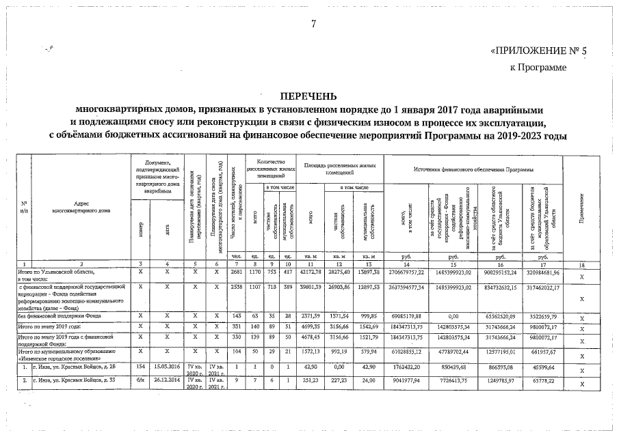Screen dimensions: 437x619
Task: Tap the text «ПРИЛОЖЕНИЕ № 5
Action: tap(529, 52)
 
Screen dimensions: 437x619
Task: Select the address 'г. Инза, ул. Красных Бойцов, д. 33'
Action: tap(77, 381)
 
